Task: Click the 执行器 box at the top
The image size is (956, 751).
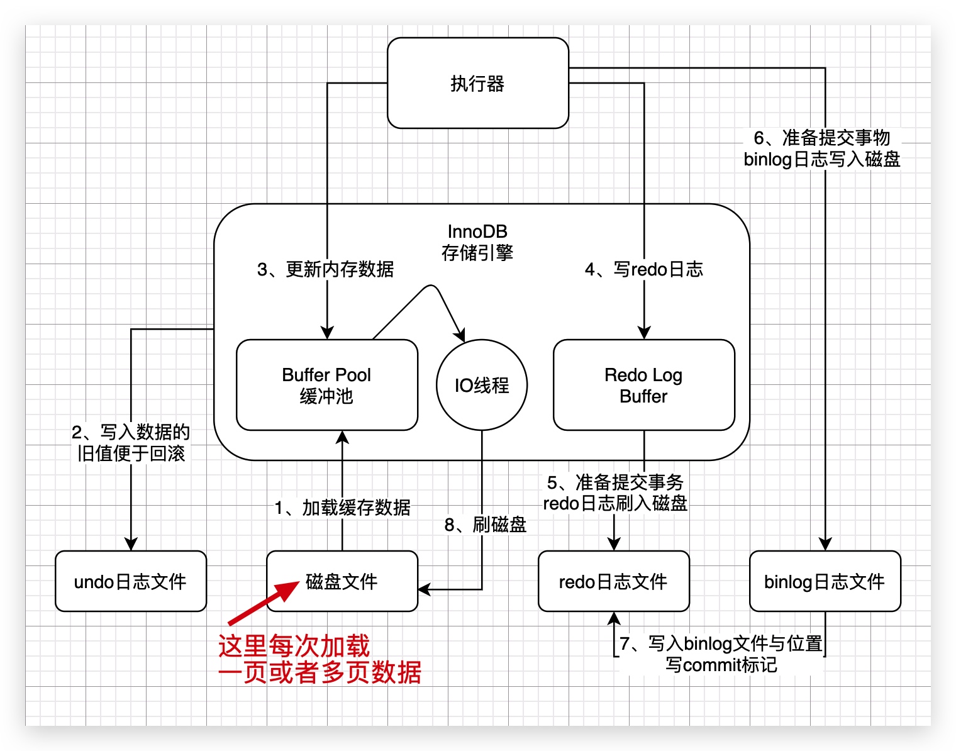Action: point(478,83)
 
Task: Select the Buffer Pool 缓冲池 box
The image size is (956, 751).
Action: point(326,385)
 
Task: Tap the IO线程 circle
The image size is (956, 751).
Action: point(482,385)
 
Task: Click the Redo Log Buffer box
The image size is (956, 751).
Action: point(643,385)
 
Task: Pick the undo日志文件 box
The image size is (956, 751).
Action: point(131,581)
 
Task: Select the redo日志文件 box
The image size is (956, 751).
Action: point(613,581)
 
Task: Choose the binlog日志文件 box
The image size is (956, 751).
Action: point(825,581)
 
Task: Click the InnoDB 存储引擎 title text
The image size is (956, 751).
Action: point(477,242)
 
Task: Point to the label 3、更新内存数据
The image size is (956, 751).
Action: point(325,269)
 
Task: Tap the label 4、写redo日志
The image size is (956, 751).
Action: point(643,269)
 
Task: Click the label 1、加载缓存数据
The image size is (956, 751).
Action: point(342,507)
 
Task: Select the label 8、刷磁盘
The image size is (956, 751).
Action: point(486,525)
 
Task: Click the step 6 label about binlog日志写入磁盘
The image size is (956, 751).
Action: point(822,148)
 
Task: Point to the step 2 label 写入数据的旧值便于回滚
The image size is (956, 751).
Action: point(131,442)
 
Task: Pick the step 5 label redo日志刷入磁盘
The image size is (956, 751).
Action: point(615,492)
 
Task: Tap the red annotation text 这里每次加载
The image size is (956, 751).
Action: point(294,646)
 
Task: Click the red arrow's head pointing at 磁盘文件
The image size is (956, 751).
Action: point(292,587)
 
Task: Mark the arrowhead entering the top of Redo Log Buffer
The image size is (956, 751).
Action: point(643,333)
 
